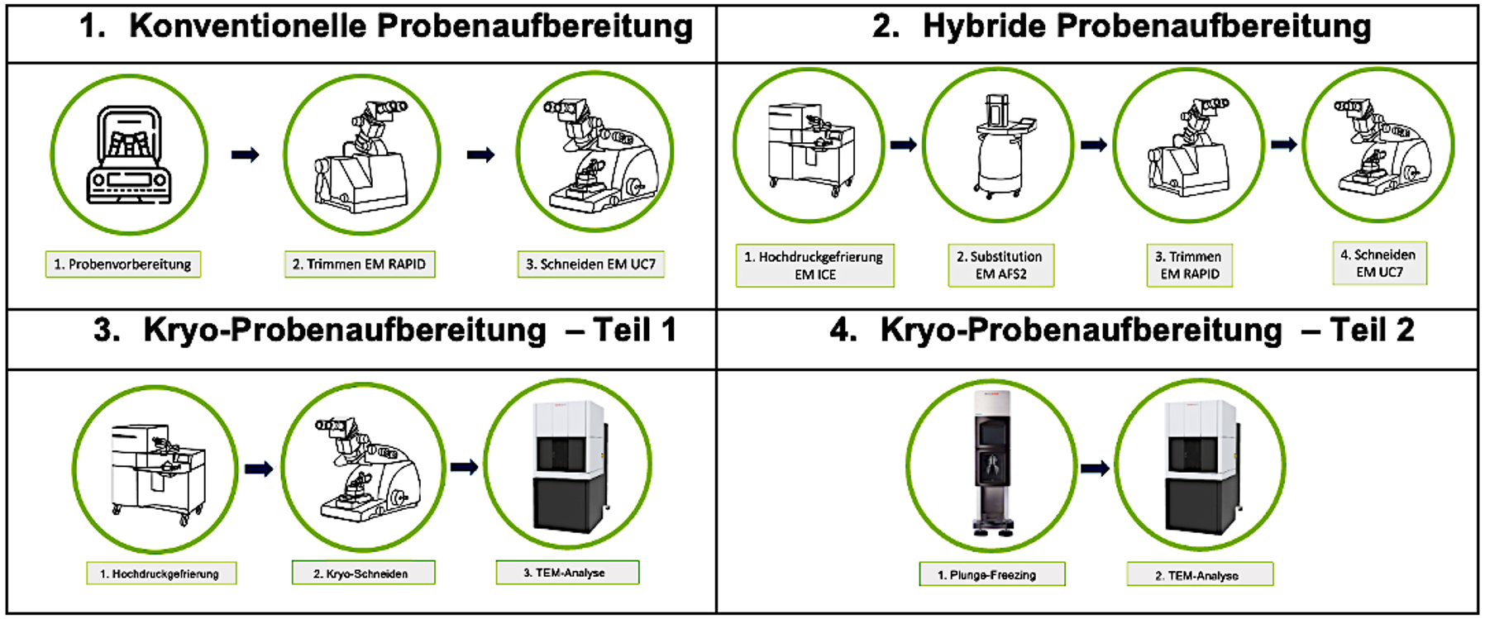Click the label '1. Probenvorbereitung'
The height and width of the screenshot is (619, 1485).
122,264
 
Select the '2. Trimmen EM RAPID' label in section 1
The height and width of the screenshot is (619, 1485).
360,264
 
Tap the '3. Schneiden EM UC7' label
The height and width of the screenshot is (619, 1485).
591,264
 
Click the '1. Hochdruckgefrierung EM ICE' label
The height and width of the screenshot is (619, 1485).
814,265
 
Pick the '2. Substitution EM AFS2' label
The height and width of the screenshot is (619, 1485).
1000,265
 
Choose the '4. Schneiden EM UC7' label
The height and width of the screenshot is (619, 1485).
1379,263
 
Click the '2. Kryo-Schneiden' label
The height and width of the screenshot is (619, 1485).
363,574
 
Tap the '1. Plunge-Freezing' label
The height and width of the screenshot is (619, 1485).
991,574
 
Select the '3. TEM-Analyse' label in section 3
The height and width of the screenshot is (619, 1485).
567,573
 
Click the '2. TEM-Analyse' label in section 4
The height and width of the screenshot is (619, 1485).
1200,574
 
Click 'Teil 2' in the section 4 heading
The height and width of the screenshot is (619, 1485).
1372,330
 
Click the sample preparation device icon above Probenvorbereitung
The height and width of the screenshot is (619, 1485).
129,155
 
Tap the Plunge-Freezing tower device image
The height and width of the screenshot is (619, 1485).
991,464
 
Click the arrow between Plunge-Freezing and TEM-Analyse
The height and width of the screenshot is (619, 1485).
1095,469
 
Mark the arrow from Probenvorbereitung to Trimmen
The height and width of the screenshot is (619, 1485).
245,155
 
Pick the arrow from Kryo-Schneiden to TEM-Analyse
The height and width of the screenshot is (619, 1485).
464,468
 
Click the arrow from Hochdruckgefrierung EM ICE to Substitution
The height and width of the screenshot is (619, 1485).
903,145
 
